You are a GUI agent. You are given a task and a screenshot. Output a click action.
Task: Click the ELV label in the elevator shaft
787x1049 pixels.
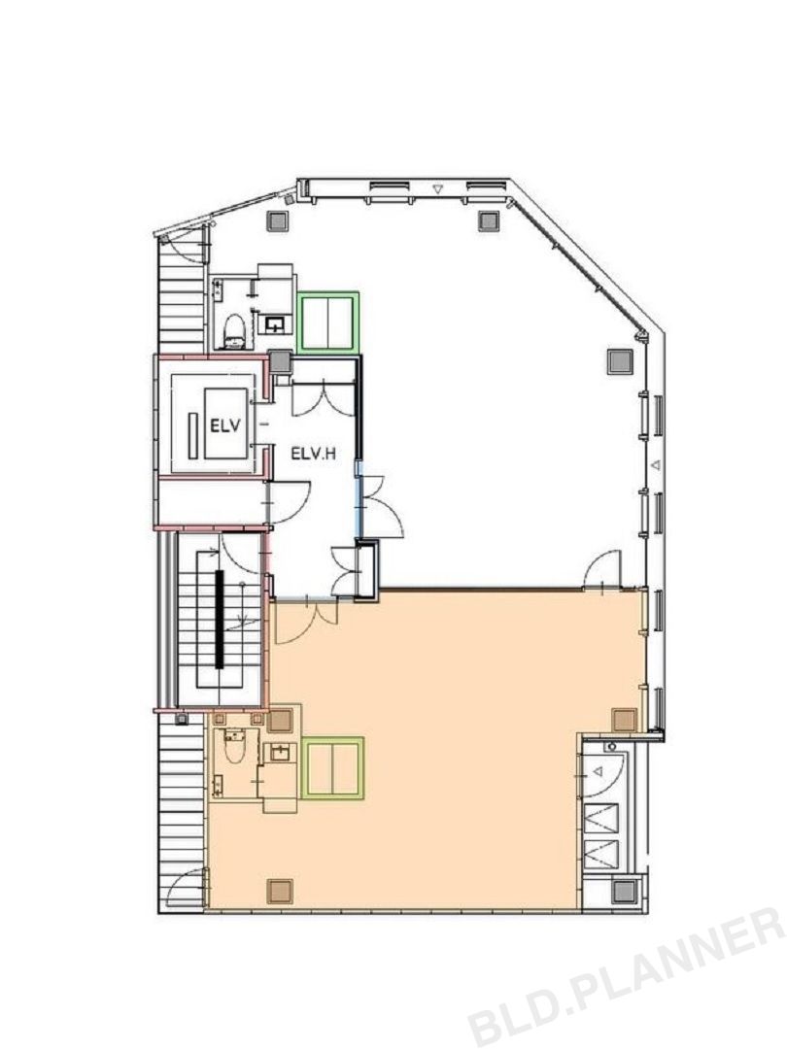point(224,426)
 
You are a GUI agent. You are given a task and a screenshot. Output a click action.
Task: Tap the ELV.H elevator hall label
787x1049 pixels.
point(313,454)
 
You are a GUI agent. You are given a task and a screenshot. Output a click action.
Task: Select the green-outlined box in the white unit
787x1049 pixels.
point(328,321)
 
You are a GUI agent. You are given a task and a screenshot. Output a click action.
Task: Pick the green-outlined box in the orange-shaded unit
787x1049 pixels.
point(332,767)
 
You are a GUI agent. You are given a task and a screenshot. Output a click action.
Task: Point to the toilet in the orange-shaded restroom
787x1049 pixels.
point(233,746)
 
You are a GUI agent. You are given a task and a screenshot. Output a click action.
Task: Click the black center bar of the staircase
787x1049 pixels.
point(219,618)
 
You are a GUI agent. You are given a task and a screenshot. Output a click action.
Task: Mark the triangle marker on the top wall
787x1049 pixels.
point(437,189)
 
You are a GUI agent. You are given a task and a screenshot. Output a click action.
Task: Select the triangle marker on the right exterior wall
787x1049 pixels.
point(656,464)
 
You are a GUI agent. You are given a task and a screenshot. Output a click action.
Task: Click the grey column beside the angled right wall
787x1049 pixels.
point(620,361)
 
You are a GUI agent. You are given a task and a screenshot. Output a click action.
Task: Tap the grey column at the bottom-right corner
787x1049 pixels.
point(625,891)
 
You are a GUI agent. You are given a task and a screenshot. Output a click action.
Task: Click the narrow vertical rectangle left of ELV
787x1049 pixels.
point(193,435)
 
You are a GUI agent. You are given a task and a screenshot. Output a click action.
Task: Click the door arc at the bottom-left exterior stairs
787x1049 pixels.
point(186,889)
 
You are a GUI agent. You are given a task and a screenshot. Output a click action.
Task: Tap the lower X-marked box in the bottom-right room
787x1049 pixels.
point(601,853)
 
